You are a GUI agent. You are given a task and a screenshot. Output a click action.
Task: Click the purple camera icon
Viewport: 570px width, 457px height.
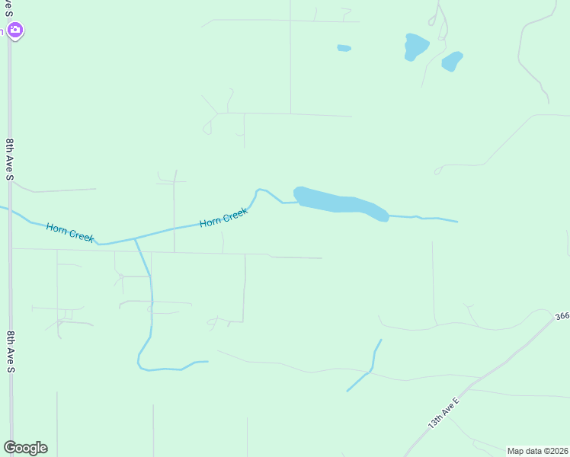coord(14,30)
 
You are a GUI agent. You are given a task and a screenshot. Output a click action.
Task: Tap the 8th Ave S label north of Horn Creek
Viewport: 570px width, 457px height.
coord(10,158)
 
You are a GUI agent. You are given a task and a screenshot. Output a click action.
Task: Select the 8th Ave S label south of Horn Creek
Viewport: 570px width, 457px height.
coord(10,351)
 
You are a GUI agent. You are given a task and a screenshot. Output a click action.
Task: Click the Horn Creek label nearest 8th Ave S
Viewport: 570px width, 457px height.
coord(70,232)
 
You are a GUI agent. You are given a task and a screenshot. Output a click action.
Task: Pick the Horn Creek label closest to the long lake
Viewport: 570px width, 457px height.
coord(224,218)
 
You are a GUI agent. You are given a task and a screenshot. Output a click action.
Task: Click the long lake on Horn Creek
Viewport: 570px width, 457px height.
coord(339,203)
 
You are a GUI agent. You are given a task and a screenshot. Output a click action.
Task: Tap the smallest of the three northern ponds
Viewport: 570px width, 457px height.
coord(344,48)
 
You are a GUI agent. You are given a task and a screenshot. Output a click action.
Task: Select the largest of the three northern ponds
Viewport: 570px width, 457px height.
coord(415,46)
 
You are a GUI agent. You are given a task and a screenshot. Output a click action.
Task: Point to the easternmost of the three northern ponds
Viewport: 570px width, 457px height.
coord(452,61)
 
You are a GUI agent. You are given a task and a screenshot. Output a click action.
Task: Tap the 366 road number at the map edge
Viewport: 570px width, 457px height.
coord(562,315)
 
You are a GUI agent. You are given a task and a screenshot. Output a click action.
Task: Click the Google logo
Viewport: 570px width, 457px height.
coord(25,447)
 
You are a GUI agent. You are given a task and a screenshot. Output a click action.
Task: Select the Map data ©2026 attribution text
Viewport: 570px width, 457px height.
coord(537,451)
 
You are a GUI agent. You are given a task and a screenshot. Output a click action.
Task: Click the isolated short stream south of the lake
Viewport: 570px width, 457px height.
coord(368,369)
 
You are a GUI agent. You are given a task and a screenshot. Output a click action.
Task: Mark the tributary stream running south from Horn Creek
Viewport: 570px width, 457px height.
coord(151,305)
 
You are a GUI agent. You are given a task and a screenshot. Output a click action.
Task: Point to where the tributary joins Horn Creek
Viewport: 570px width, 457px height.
coord(135,238)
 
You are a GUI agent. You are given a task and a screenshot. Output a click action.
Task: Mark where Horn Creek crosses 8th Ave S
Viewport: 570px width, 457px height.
coord(10,211)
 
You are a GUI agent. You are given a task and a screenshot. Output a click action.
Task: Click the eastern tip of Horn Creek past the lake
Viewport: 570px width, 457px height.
coord(456,222)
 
